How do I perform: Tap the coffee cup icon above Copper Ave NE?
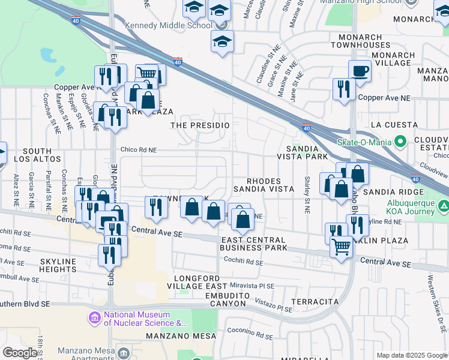pos(360,71)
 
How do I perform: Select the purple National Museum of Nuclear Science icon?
pos(94,317)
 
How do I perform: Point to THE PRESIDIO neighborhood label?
pos(200,125)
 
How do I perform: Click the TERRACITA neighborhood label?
pos(315,301)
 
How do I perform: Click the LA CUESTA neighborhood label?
pos(394,125)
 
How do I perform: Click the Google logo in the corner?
pos(19,353)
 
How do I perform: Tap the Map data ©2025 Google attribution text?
pos(412,355)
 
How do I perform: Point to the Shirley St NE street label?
pos(307,194)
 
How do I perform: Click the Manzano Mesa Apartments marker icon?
pos(124,352)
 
